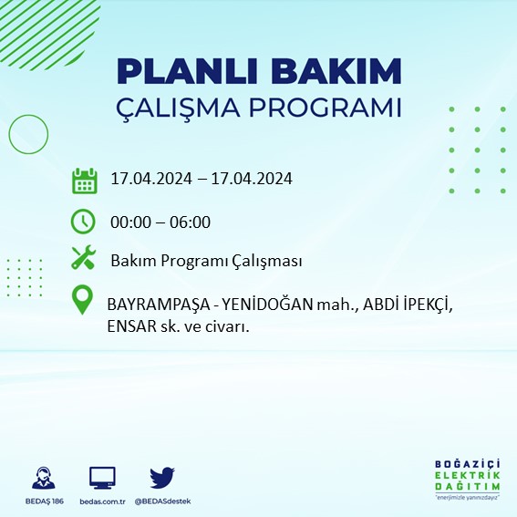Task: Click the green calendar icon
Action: [84, 180]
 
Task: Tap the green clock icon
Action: [83, 221]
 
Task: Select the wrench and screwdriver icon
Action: [84, 259]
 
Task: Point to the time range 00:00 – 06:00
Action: [160, 222]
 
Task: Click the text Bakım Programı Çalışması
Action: [206, 262]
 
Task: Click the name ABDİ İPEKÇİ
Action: [406, 303]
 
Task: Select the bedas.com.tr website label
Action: [102, 501]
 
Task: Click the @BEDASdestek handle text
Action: [162, 501]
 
